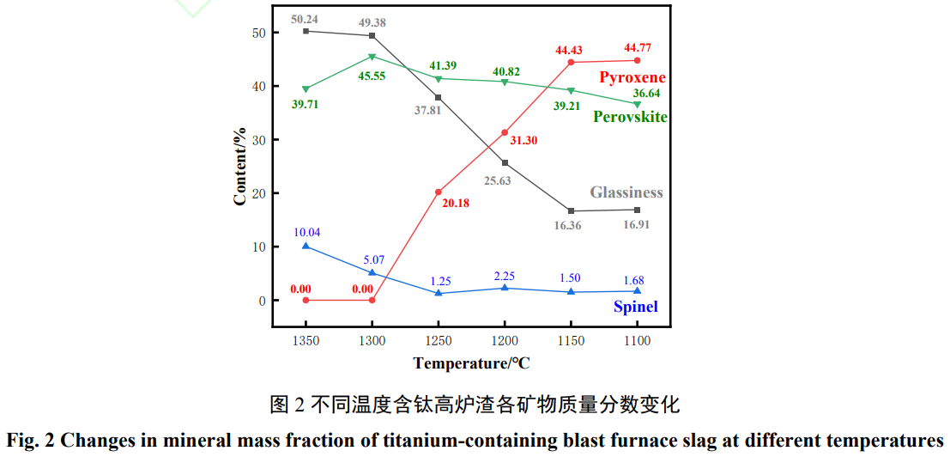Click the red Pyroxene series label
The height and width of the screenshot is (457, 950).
(x=632, y=78)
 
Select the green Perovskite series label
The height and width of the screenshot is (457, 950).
(x=630, y=117)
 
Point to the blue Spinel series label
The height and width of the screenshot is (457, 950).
(x=635, y=307)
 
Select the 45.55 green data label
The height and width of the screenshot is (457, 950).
(x=372, y=76)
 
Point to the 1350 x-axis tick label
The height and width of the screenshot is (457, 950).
(x=306, y=341)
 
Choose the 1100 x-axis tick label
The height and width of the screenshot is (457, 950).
(x=637, y=341)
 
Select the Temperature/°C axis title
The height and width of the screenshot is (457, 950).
(x=471, y=363)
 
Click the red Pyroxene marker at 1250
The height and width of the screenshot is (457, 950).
(x=438, y=192)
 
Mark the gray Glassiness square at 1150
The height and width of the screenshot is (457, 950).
(x=571, y=211)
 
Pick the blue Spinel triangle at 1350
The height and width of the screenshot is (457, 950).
(x=306, y=247)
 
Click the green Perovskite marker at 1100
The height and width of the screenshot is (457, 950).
(x=637, y=104)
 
